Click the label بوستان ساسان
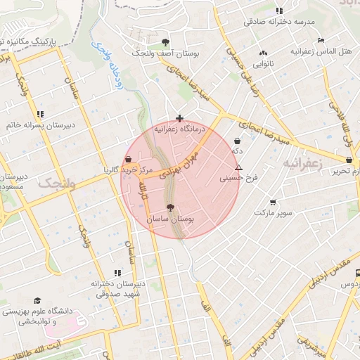(x=169, y=219)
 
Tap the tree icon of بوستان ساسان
(x=169, y=207)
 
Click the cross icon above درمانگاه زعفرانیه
(x=180, y=119)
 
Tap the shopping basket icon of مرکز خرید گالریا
(x=128, y=159)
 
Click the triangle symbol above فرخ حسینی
(x=239, y=168)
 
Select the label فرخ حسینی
(x=239, y=178)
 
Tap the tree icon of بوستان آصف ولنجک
(x=165, y=42)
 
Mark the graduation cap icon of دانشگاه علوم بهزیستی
(x=37, y=300)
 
